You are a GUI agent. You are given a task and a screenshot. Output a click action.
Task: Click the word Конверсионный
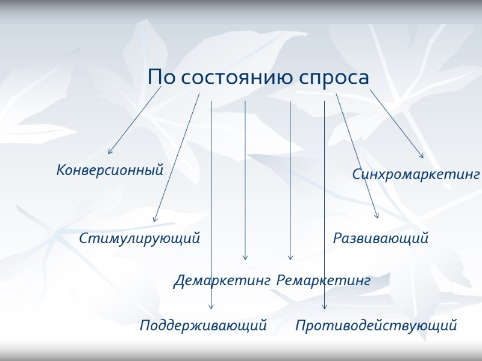click(110, 170)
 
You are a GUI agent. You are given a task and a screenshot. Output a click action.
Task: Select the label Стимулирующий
click(139, 238)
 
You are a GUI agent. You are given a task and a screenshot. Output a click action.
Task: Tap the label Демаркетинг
click(222, 280)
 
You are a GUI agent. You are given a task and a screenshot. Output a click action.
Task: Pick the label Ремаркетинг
click(324, 280)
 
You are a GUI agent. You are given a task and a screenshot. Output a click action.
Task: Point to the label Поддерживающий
click(203, 326)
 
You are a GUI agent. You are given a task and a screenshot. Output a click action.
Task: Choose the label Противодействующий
click(376, 326)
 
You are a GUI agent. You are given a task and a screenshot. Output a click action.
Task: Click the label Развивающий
click(381, 238)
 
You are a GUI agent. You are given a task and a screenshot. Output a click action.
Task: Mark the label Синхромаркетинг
click(416, 174)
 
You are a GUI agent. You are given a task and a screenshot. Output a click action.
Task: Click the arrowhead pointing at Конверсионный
click(109, 153)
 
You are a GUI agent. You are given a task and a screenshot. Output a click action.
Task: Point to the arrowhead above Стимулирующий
click(154, 221)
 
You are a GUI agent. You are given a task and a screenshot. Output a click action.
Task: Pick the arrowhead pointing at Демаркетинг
click(245, 259)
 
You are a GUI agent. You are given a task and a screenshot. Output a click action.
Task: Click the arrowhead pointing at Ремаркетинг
click(290, 259)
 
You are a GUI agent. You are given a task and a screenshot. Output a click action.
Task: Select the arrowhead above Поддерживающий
click(211, 308)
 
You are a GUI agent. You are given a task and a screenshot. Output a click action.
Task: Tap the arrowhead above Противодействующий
click(324, 308)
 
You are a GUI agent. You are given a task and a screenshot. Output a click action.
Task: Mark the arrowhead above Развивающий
click(377, 217)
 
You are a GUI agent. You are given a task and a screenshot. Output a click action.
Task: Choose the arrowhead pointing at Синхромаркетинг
click(422, 157)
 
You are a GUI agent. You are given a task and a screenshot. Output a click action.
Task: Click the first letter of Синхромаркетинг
click(357, 174)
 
